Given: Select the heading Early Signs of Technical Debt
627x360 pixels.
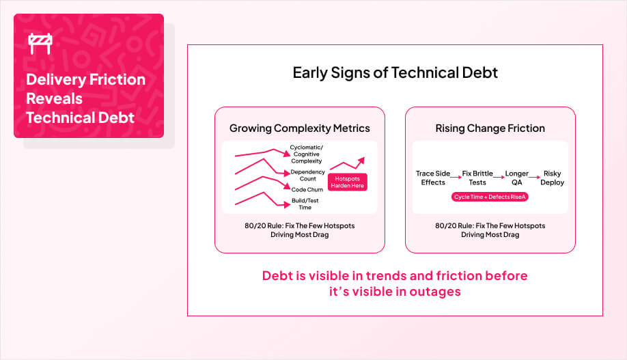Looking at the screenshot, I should click(x=395, y=72).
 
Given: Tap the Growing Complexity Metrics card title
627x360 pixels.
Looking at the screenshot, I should click(x=299, y=128).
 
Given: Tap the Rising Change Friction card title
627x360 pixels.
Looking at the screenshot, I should click(x=490, y=128).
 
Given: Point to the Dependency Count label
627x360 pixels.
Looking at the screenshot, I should click(x=307, y=175).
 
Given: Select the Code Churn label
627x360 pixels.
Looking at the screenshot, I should click(x=307, y=189).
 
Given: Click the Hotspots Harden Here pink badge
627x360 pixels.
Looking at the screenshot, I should click(x=348, y=182).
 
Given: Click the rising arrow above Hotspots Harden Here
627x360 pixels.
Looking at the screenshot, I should click(x=348, y=163).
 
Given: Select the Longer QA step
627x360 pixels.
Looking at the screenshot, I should click(x=516, y=178).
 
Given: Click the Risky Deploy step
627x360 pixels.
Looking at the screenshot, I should click(x=552, y=178).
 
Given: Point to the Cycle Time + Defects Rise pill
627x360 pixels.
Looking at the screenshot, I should click(x=490, y=197).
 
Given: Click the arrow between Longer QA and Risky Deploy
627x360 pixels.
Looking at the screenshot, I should click(x=535, y=174).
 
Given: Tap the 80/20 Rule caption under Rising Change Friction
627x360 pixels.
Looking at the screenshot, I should click(x=490, y=230).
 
